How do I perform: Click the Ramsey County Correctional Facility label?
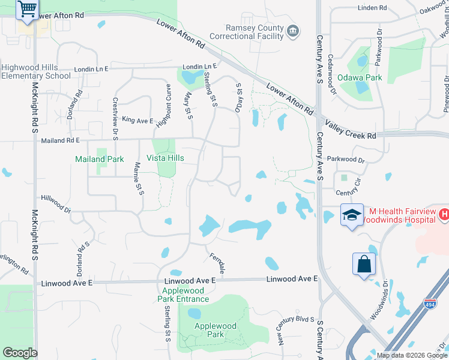coord(254,32)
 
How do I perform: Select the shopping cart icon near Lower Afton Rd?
coord(26,10)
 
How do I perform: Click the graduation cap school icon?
coord(351,215)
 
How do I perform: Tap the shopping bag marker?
coord(364,264)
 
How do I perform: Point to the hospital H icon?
coord(443,214)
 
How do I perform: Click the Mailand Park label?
coord(99,159)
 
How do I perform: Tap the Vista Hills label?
coord(165,158)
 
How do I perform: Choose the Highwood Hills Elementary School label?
coord(36,71)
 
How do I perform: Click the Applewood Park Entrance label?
coord(184,295)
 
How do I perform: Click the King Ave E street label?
coord(137,121)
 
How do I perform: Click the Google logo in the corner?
coord(20,352)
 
